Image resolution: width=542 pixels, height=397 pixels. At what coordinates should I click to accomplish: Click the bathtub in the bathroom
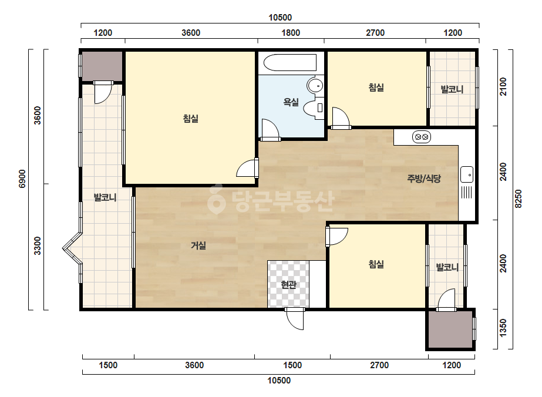[290, 63]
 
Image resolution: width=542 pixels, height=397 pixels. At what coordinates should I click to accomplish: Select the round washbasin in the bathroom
[315, 85]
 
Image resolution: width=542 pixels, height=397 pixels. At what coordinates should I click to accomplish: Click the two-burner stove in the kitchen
[422, 137]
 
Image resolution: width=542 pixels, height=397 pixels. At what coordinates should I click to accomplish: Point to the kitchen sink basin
[467, 174]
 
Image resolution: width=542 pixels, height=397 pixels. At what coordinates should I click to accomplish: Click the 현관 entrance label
[288, 285]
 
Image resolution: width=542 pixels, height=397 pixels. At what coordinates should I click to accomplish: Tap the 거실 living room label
[198, 245]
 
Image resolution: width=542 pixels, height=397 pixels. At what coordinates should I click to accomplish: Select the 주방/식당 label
[424, 179]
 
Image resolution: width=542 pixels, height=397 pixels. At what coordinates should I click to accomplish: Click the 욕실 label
[291, 102]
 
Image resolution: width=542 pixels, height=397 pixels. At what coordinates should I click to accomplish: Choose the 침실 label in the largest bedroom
[190, 119]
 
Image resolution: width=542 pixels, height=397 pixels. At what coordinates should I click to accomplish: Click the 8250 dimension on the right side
[518, 198]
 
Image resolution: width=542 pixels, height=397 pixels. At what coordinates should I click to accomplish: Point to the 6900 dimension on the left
[22, 179]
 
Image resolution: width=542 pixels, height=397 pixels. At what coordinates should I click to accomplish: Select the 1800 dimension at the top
[291, 33]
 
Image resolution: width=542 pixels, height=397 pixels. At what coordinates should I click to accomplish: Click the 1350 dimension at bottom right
[503, 328]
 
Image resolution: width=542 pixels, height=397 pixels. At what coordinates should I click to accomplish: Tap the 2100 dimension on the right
[503, 86]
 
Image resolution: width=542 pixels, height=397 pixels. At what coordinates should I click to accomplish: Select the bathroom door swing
[270, 130]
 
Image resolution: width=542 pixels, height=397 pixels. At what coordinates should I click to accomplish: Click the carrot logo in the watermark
[216, 199]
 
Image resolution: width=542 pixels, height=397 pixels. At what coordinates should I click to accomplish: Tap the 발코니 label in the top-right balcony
[452, 90]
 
